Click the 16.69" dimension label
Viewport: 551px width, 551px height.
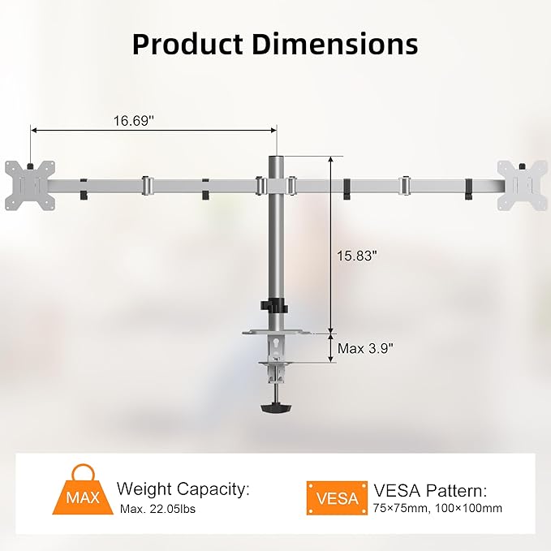135,120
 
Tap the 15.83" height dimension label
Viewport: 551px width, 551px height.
357,256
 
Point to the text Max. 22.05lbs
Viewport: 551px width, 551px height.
157,510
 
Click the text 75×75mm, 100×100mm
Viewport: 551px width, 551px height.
437,510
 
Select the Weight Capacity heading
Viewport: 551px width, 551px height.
183,489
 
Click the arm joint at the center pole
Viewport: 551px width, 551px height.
277,186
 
